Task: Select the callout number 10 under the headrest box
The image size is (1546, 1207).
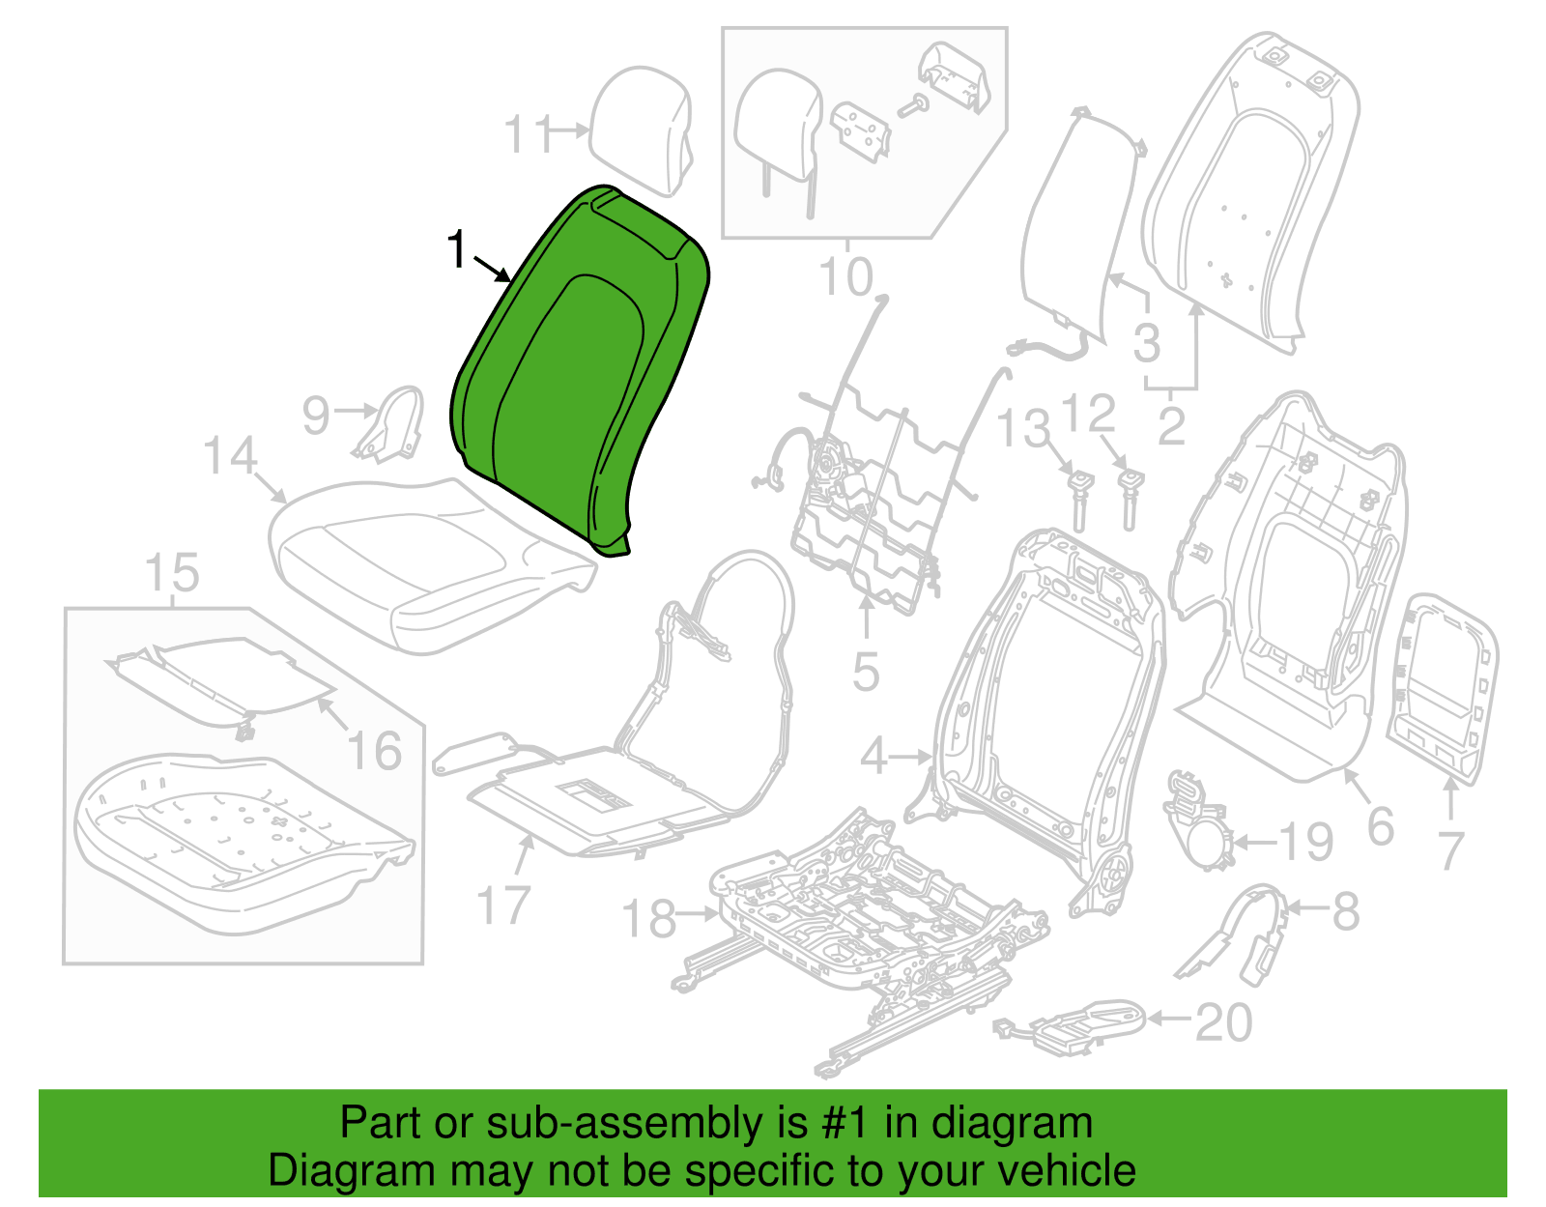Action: tap(845, 276)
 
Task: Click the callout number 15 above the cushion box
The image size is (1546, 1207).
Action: tap(171, 572)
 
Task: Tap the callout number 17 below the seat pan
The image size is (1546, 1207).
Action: tap(503, 906)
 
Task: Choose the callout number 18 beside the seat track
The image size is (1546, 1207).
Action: tap(649, 918)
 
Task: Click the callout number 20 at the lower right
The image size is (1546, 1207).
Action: tap(1223, 1022)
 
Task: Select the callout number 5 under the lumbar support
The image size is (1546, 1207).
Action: tap(866, 672)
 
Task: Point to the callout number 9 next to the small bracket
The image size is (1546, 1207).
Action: tap(316, 416)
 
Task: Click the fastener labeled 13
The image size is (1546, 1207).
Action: tap(1078, 502)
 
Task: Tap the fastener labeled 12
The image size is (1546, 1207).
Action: tap(1130, 499)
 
